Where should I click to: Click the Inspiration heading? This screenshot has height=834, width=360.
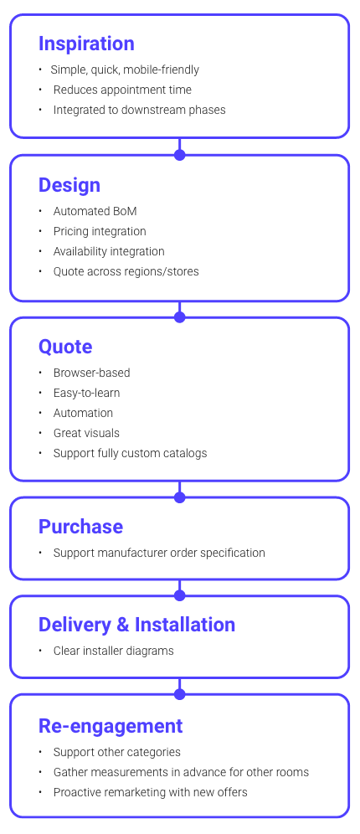click(x=86, y=44)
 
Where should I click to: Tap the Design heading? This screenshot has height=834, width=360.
click(x=69, y=185)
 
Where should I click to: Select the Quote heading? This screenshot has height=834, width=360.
click(x=65, y=347)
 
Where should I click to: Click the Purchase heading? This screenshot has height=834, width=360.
click(x=80, y=527)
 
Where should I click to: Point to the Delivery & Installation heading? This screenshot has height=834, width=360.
click(x=136, y=625)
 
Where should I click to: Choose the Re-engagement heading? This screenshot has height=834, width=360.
click(x=111, y=725)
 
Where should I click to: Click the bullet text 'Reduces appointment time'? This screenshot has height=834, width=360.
click(x=122, y=90)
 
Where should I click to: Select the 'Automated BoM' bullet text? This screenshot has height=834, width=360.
click(x=95, y=211)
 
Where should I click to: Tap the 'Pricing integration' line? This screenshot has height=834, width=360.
click(x=100, y=231)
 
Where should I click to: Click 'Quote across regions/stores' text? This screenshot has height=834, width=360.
click(x=126, y=271)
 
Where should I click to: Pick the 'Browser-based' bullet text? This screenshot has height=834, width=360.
click(x=92, y=373)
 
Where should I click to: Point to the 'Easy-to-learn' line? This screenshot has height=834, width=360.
click(x=87, y=393)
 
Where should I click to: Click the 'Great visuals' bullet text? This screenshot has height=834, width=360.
click(x=86, y=433)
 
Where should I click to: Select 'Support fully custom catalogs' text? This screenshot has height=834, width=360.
click(x=130, y=453)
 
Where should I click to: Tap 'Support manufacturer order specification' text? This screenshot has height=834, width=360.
click(x=159, y=553)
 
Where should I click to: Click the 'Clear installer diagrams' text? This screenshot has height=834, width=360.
click(x=114, y=651)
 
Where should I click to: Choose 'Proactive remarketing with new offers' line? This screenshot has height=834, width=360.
click(x=151, y=792)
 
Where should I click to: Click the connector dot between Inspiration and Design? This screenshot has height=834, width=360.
click(x=179, y=154)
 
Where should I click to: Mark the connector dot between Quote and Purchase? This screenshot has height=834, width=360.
click(x=179, y=497)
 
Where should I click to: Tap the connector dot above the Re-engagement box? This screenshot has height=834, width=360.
click(x=179, y=693)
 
